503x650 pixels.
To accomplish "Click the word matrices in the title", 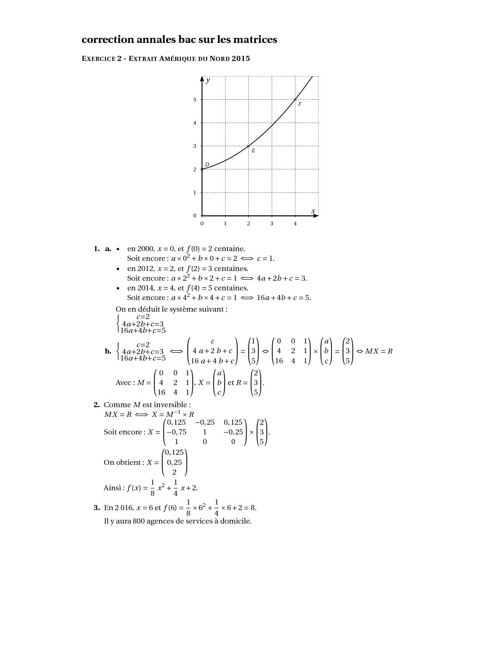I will [x=255, y=40].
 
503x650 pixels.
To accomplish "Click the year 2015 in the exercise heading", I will [x=241, y=59].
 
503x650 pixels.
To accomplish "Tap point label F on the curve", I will [x=300, y=104].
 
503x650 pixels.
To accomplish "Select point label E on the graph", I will [x=253, y=150].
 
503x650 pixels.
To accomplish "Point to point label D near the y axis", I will [x=207, y=164].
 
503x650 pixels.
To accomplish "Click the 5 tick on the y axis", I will [x=195, y=100].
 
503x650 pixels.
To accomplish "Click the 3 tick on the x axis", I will [x=272, y=223].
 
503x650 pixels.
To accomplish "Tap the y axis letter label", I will [x=208, y=80].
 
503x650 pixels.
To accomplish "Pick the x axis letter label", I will [x=313, y=211].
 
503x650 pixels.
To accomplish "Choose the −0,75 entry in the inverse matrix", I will [x=176, y=432].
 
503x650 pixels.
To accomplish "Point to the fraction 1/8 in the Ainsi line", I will [x=153, y=487].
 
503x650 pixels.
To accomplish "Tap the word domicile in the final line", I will [x=237, y=521].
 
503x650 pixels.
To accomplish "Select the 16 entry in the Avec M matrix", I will [x=161, y=392].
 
